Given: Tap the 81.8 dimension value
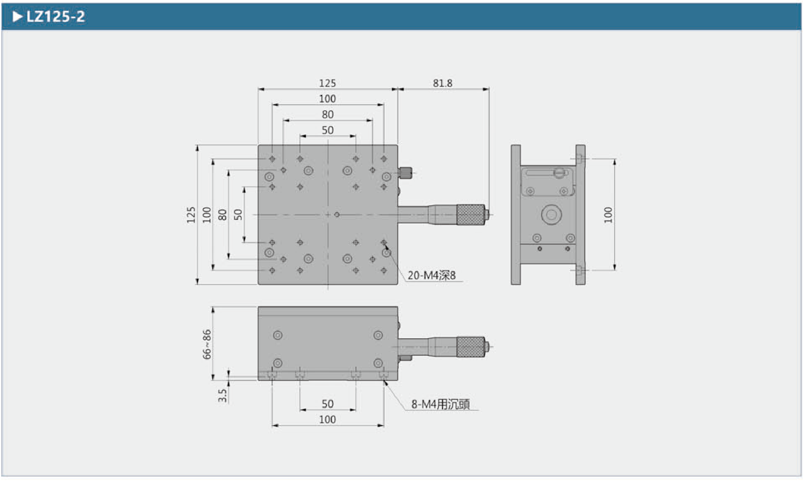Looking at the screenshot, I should [x=442, y=83].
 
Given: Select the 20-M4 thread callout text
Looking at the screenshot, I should [x=431, y=275].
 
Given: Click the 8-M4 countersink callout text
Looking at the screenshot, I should [x=440, y=404].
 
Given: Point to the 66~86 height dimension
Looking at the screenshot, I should [x=207, y=344].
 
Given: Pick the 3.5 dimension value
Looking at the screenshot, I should [x=222, y=395].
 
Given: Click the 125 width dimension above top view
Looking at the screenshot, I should [x=327, y=83].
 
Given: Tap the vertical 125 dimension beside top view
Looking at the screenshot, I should [x=191, y=215].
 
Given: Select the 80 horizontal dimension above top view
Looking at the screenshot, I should [x=327, y=115].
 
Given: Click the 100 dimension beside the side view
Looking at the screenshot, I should [x=608, y=215].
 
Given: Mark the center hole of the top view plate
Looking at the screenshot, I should [x=337, y=215].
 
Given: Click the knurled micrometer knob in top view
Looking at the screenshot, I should [x=470, y=215].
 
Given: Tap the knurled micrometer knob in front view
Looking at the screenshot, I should [x=470, y=346].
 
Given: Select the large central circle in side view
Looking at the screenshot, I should [x=551, y=214].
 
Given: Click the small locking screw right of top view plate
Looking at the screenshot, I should [x=406, y=173].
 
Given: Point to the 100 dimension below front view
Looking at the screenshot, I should [x=327, y=420].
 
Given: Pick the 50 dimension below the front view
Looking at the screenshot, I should [x=327, y=404].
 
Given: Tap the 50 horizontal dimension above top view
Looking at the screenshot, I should [x=327, y=130].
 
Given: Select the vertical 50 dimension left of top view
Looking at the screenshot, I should [x=238, y=215].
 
